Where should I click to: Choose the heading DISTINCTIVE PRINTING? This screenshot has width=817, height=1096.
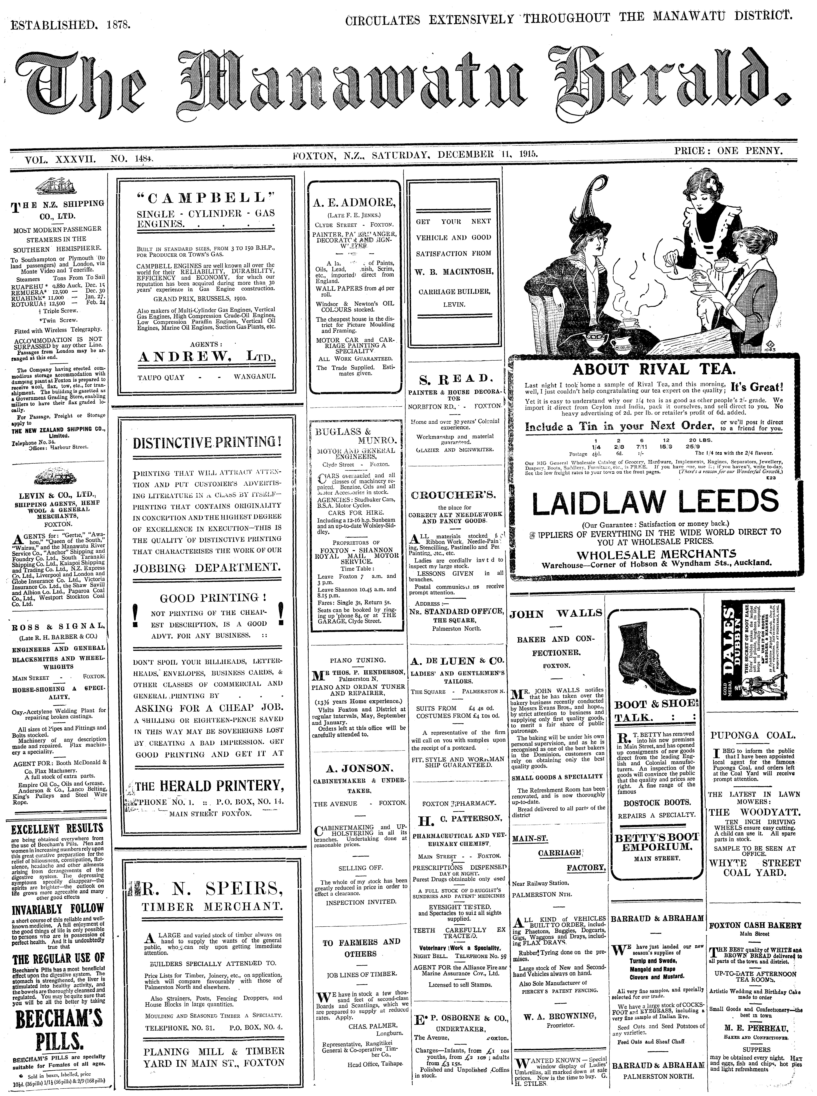tap(207, 442)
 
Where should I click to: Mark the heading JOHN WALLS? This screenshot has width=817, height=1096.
tap(556, 614)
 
